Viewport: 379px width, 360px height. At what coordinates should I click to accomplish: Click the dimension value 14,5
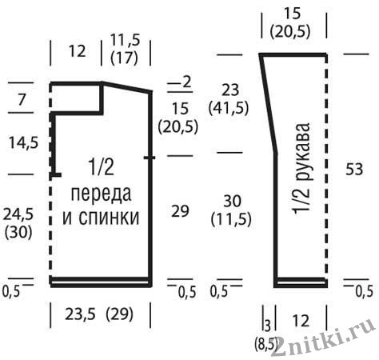[x=23, y=142]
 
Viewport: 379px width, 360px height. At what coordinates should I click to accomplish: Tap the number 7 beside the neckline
[x=21, y=99]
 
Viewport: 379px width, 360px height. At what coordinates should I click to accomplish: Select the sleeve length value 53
[x=354, y=169]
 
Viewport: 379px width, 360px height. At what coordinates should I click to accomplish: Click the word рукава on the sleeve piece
[x=303, y=152]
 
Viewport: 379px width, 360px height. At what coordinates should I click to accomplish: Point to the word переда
[x=101, y=194]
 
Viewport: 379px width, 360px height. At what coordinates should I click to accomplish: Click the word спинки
[x=109, y=218]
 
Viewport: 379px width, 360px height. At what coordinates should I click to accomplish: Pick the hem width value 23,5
[x=81, y=314]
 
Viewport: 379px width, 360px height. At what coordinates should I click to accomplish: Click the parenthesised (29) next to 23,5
[x=119, y=314]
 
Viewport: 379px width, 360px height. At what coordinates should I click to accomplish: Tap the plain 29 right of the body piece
[x=180, y=211]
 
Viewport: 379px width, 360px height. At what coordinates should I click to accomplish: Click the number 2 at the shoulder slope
[x=187, y=82]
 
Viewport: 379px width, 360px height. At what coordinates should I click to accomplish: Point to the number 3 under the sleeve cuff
[x=268, y=326]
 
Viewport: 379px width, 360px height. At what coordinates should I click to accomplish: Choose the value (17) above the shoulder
[x=124, y=58]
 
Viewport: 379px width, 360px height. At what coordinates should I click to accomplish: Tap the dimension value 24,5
[x=18, y=214]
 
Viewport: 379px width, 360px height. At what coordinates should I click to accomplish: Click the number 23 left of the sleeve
[x=230, y=90]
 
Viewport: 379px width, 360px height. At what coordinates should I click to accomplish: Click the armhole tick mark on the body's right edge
[x=150, y=158]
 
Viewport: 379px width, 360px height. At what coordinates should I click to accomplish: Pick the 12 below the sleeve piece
[x=301, y=321]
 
